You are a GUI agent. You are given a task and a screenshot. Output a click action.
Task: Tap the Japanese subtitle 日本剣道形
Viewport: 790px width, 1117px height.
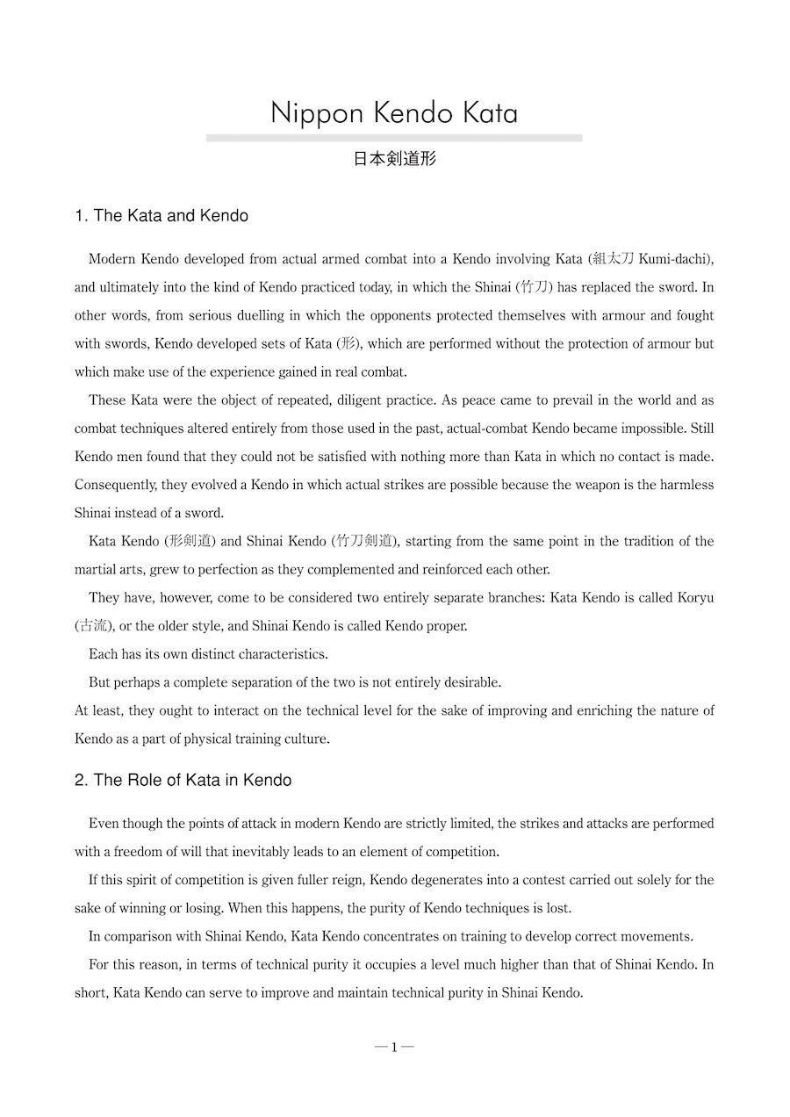[x=394, y=159]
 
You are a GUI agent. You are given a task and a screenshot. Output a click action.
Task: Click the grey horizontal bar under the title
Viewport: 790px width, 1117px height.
[x=394, y=138]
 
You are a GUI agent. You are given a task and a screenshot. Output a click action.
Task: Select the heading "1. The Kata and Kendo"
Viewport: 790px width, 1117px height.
[x=162, y=216]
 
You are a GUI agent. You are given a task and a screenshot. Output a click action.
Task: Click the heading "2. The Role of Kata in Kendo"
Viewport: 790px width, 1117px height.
[x=183, y=780]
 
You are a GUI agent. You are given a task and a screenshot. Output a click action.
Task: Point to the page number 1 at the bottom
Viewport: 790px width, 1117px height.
[x=394, y=1047]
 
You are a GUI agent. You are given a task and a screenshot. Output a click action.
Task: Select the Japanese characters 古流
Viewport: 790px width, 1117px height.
[x=90, y=626]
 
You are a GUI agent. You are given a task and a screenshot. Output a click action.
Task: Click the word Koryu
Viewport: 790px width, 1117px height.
[x=695, y=598]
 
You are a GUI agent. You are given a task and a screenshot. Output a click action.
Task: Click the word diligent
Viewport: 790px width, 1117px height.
[x=341, y=400]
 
